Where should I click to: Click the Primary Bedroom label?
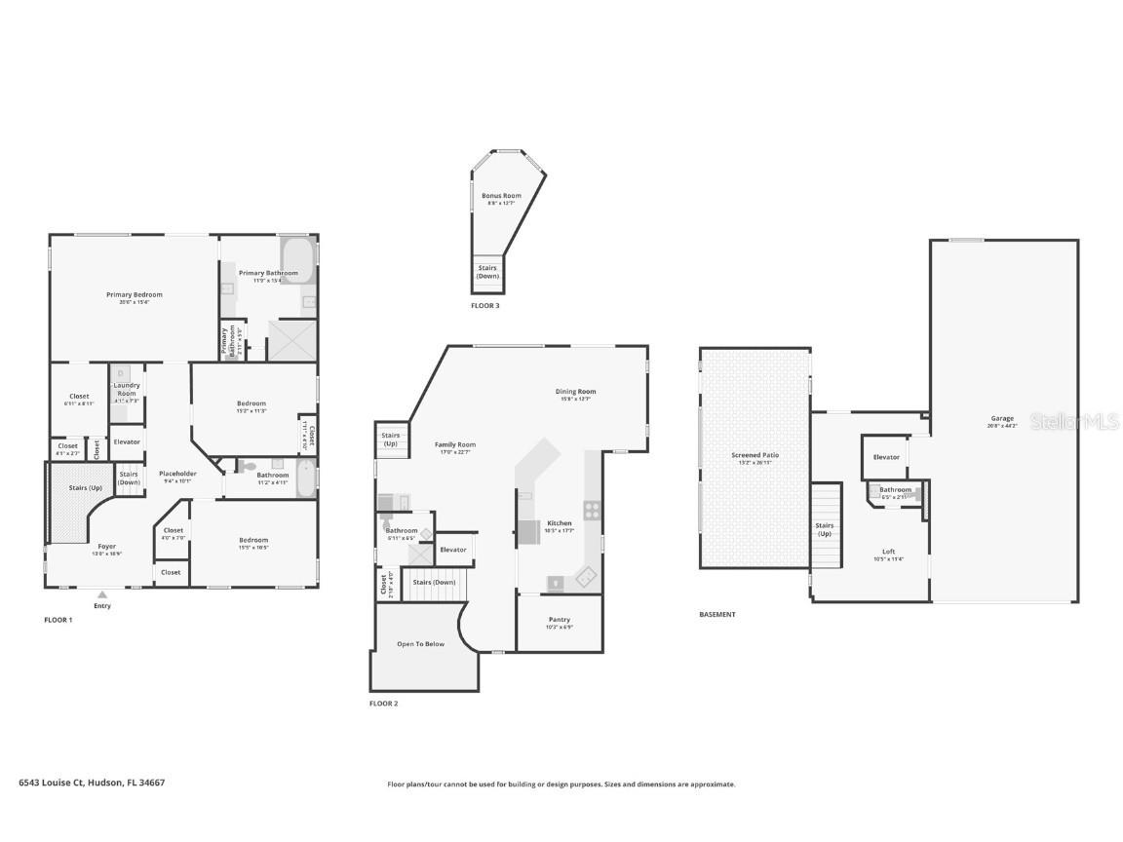tap(135, 294)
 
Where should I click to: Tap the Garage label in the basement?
tap(1002, 419)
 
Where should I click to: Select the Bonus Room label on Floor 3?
tap(501, 196)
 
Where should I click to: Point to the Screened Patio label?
tap(755, 455)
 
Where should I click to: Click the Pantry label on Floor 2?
tap(560, 620)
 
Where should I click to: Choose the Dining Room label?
tap(577, 392)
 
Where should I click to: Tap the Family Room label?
tap(455, 444)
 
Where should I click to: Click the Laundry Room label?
tap(127, 389)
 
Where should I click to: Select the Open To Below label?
tap(420, 644)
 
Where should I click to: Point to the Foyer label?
tap(106, 547)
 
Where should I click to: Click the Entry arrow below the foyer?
tap(102, 593)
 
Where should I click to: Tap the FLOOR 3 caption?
tap(484, 306)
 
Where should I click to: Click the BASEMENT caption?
tap(717, 615)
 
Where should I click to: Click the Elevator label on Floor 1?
tap(127, 441)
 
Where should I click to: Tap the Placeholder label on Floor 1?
tap(177, 474)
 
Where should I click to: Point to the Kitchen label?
tap(560, 523)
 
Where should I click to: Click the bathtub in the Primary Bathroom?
tap(297, 260)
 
